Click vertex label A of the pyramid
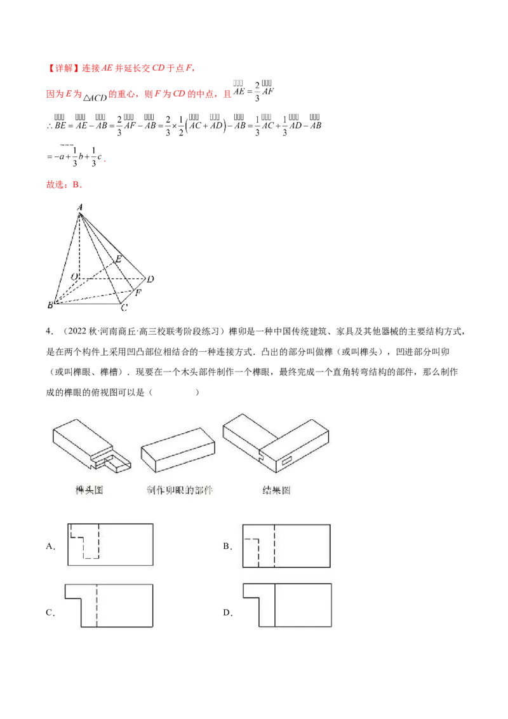tap(80, 206)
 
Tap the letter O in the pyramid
tap(74, 277)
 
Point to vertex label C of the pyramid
tap(124, 308)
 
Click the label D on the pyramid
tap(150, 279)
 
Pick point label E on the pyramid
tap(117, 259)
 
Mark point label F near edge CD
tap(138, 293)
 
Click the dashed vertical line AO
tap(80, 248)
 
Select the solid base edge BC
tap(89, 303)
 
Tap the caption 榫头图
tap(88, 490)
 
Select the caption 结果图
tap(276, 490)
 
